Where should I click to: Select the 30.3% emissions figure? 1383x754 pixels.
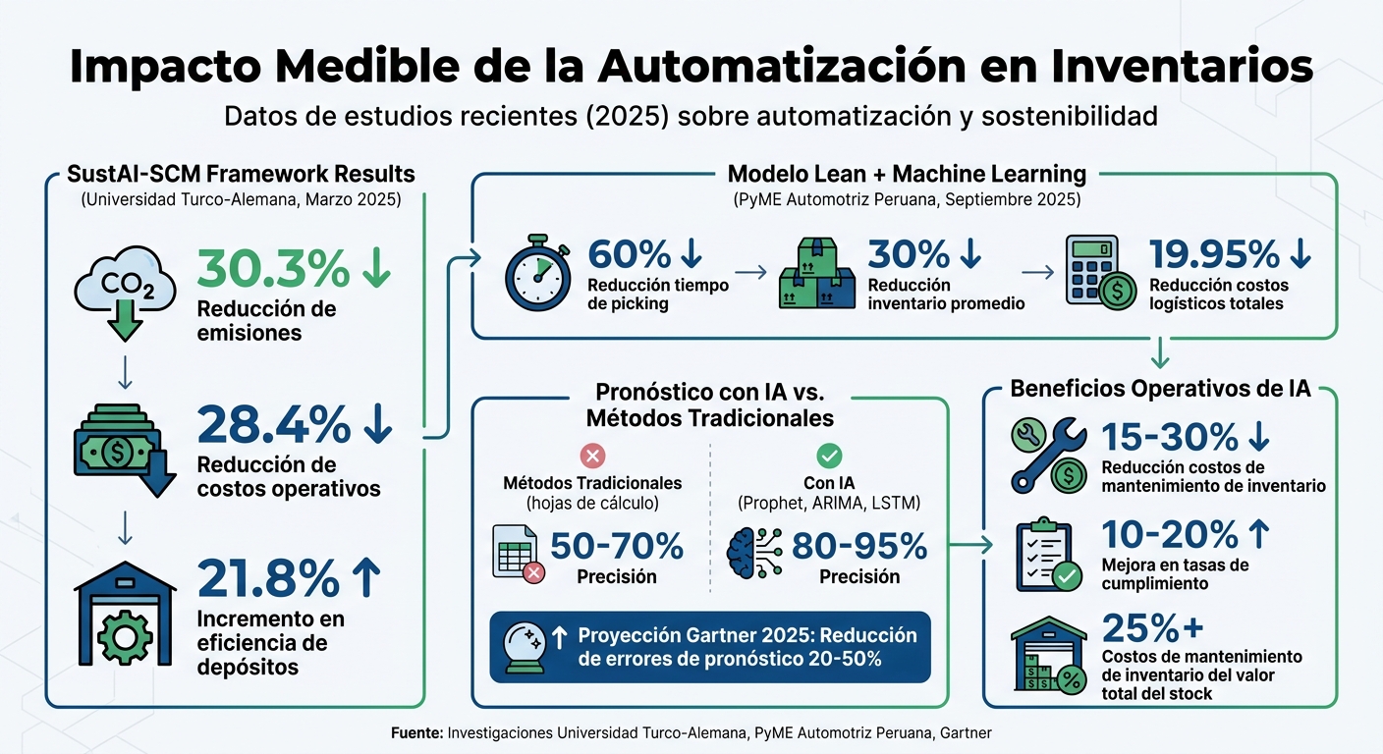pyautogui.click(x=273, y=268)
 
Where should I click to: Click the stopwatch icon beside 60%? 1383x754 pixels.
pyautogui.click(x=537, y=272)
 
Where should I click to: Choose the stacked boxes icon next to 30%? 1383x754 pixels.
pyautogui.click(x=816, y=274)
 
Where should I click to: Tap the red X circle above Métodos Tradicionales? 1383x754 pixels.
pyautogui.click(x=593, y=455)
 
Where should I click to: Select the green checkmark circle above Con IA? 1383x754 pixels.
pyautogui.click(x=830, y=455)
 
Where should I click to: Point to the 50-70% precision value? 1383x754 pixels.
pyautogui.click(x=616, y=545)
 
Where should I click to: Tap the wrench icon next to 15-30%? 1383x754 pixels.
pyautogui.click(x=1048, y=455)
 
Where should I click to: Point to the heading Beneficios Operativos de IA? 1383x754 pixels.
pyautogui.click(x=1160, y=389)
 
